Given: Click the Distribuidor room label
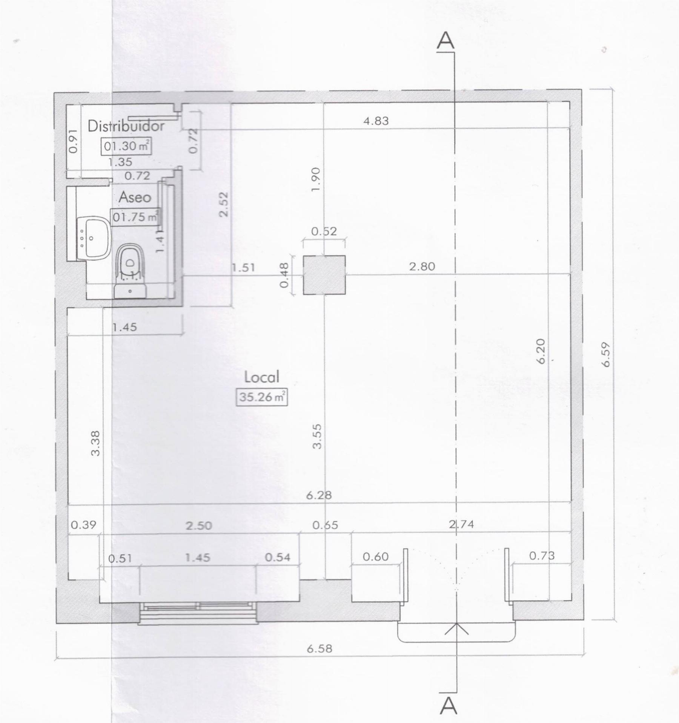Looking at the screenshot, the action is pos(126,126).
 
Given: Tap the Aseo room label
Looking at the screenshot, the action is pos(135,197).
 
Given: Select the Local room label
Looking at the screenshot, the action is pos(262,377).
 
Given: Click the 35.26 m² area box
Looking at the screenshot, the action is pos(262,397).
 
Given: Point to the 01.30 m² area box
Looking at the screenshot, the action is pos(126,146).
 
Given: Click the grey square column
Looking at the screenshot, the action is pos(324,275).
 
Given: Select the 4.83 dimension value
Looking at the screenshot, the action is pos(376,121).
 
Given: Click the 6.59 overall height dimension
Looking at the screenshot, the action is pos(606,354).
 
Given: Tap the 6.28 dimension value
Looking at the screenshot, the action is pos(319,495).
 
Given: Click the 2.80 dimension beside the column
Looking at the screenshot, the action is pos(422,267).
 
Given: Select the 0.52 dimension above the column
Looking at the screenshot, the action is pos(324,231).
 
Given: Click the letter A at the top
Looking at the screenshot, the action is pos(445,41).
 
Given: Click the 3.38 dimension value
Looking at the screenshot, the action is pos(96,443).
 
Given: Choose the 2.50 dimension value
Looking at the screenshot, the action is pos(199,525).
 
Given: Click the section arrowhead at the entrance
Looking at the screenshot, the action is pos(456,628).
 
